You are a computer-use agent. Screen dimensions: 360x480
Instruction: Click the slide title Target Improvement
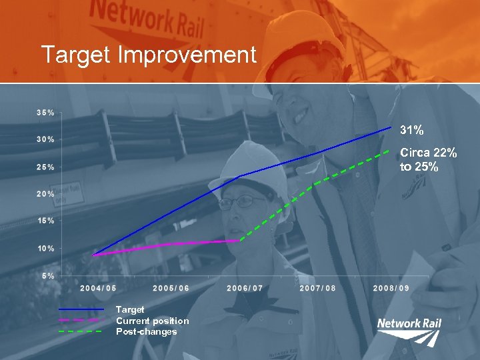(x=148, y=55)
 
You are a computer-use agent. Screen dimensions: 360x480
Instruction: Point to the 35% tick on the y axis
(x=45, y=113)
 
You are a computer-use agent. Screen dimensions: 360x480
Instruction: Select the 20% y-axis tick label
(x=45, y=194)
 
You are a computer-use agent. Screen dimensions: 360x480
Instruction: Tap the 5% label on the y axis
(x=48, y=275)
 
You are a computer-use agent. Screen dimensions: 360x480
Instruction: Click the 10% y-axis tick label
(x=45, y=249)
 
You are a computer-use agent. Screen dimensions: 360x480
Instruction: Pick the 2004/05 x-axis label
(x=98, y=288)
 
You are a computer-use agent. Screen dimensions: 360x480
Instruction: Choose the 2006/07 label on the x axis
(x=245, y=288)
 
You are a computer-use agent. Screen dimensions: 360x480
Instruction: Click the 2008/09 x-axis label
(x=391, y=288)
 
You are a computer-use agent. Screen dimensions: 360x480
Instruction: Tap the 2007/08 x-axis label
(x=318, y=288)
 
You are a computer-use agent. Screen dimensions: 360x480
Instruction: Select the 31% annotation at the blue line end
(x=411, y=129)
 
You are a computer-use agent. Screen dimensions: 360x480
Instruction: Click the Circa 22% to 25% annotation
(x=428, y=160)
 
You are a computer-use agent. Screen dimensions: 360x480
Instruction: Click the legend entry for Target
(x=130, y=309)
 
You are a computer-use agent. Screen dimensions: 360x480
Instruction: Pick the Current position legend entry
(x=152, y=321)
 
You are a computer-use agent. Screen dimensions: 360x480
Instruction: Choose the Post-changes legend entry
(x=147, y=331)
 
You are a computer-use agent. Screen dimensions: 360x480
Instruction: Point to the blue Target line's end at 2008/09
(x=391, y=127)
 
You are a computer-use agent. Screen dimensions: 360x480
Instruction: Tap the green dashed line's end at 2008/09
(x=389, y=151)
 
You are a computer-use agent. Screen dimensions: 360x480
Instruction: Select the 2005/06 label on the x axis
(x=171, y=288)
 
